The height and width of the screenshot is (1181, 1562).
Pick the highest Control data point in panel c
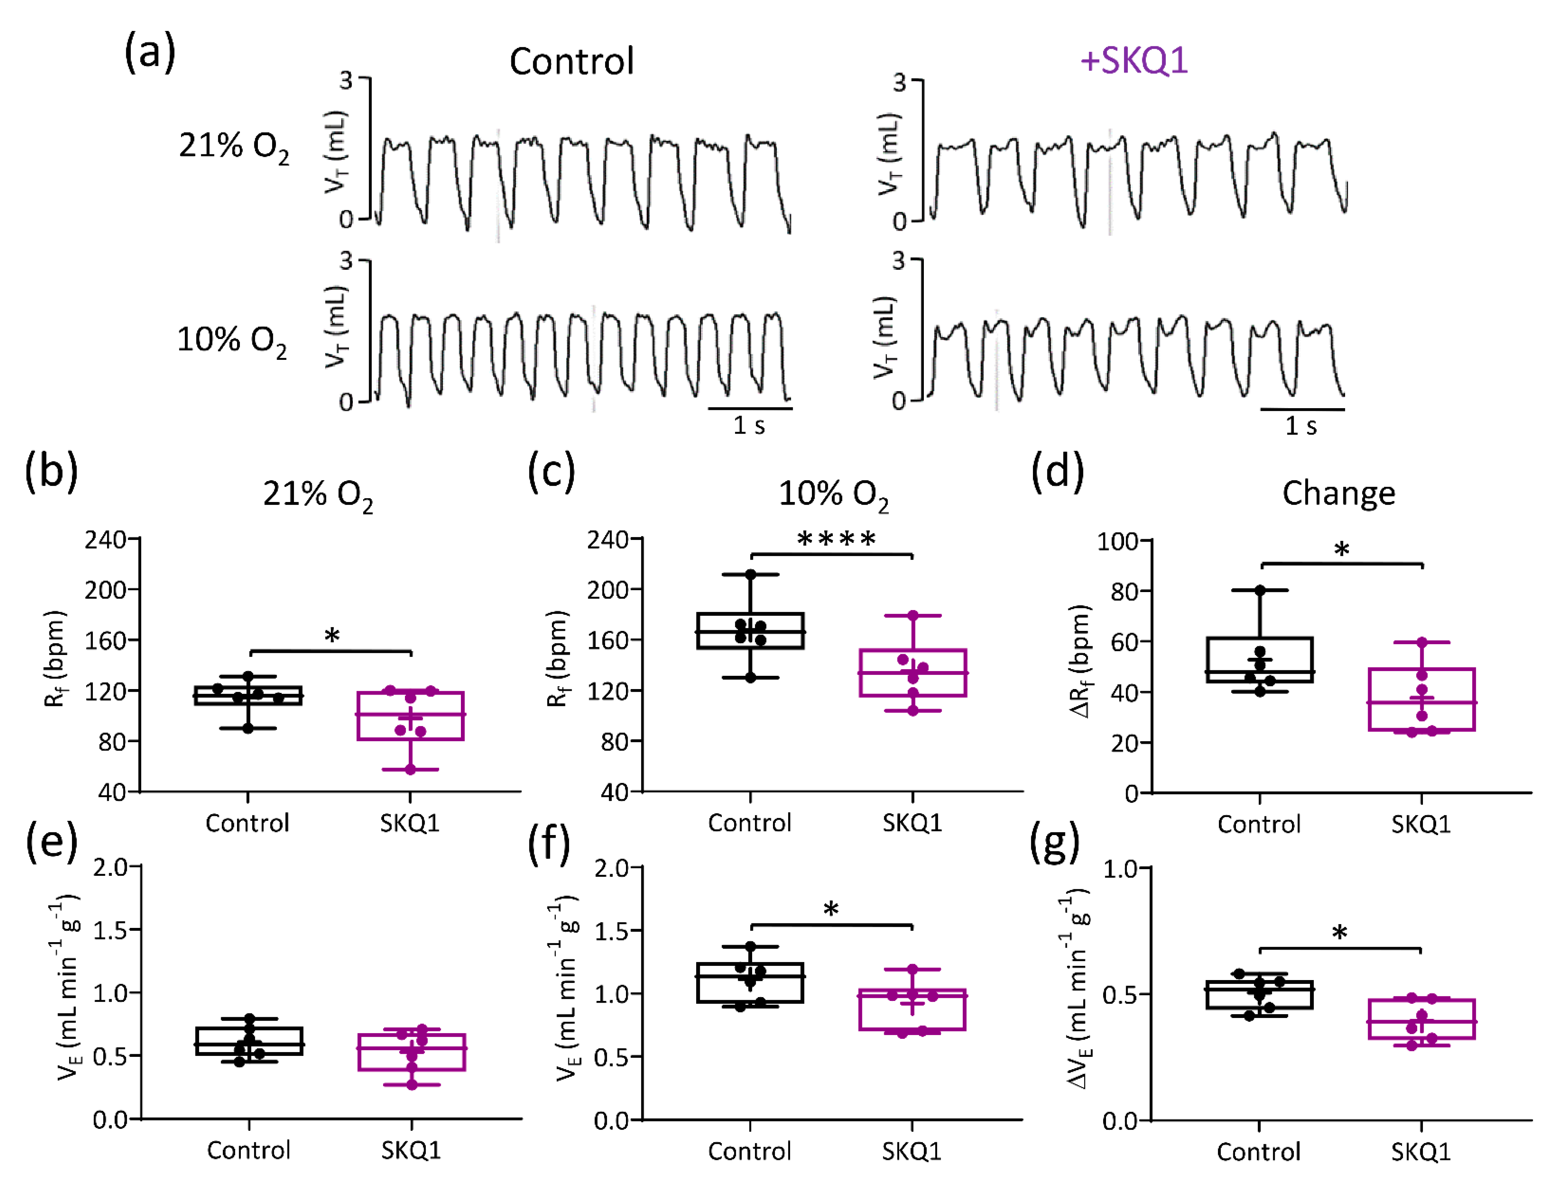pyautogui.click(x=751, y=574)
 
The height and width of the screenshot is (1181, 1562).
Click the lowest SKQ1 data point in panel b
pyautogui.click(x=410, y=769)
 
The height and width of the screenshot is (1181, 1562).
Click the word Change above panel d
pyautogui.click(x=1339, y=493)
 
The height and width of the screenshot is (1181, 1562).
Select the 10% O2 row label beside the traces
pyautogui.click(x=231, y=340)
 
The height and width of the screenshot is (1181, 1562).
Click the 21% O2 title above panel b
pyautogui.click(x=318, y=494)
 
